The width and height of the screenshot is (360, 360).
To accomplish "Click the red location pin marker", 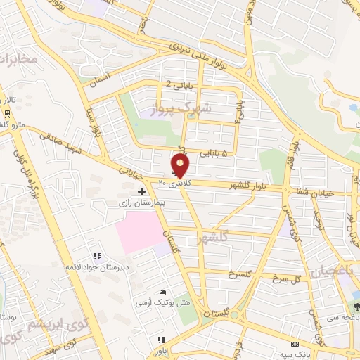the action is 181,165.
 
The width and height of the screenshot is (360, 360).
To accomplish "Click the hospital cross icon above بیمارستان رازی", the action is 141,191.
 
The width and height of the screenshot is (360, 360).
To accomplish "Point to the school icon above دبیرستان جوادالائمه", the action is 97,256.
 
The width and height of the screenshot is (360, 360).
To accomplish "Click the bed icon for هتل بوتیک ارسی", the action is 163,292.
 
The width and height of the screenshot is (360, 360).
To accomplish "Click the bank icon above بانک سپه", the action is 295,344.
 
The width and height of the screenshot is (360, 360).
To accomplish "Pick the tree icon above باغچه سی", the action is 356,307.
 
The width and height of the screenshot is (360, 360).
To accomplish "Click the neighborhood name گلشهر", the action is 214,238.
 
